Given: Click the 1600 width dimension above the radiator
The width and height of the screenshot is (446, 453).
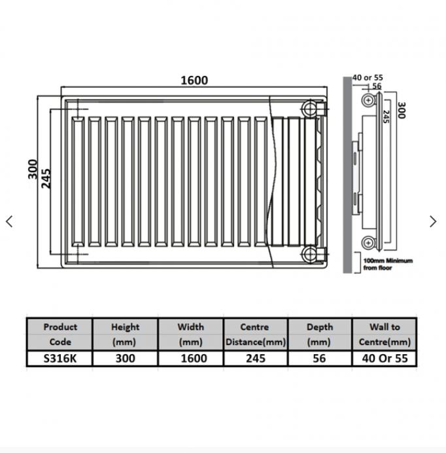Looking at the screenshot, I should point(194,81).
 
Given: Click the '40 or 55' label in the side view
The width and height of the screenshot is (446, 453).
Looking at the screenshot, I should point(368,77).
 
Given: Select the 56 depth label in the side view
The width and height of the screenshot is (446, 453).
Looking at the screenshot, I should point(377,86).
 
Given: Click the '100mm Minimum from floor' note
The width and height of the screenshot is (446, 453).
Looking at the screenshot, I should point(388,264).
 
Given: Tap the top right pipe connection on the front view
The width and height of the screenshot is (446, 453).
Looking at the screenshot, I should point(308,107).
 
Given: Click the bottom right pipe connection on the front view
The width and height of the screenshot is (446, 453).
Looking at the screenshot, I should point(308,254).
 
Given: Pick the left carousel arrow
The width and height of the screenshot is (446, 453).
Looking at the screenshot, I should point(9,221).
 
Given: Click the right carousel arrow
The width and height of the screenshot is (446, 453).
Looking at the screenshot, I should point(433,221).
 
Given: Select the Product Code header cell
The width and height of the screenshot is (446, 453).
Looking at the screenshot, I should point(60,334).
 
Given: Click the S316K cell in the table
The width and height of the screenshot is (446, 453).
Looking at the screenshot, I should point(60,358).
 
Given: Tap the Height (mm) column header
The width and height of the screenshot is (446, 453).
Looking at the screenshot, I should point(126,334).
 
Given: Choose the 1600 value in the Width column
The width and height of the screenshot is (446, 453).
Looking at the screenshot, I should point(190,358).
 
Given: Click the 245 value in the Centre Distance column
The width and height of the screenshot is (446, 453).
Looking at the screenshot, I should point(254,358).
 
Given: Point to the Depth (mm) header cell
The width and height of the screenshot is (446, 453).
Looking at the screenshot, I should point(319,334).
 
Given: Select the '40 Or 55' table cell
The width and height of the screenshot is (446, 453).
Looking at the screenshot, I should point(385,358).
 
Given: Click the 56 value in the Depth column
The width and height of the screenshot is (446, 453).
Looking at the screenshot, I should point(319,358).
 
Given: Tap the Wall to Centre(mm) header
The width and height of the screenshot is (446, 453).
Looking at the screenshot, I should point(385,334).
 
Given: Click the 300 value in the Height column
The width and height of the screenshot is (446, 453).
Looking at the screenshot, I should point(126,358).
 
